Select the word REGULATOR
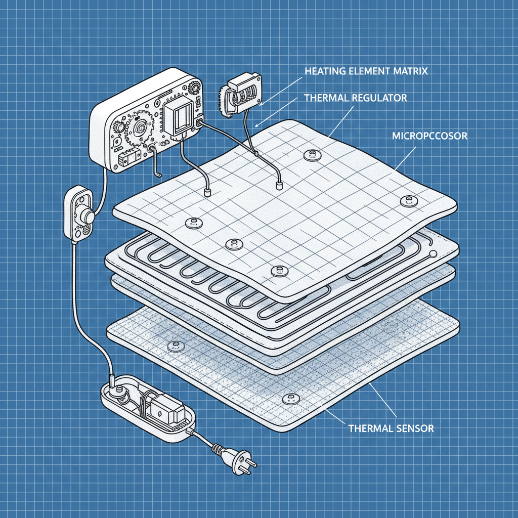pos(378,98)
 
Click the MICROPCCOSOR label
pos(429,136)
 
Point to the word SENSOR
pos(414,428)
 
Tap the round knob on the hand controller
pos(90,216)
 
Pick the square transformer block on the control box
pos(181,118)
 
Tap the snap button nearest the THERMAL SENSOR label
pos(289,399)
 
